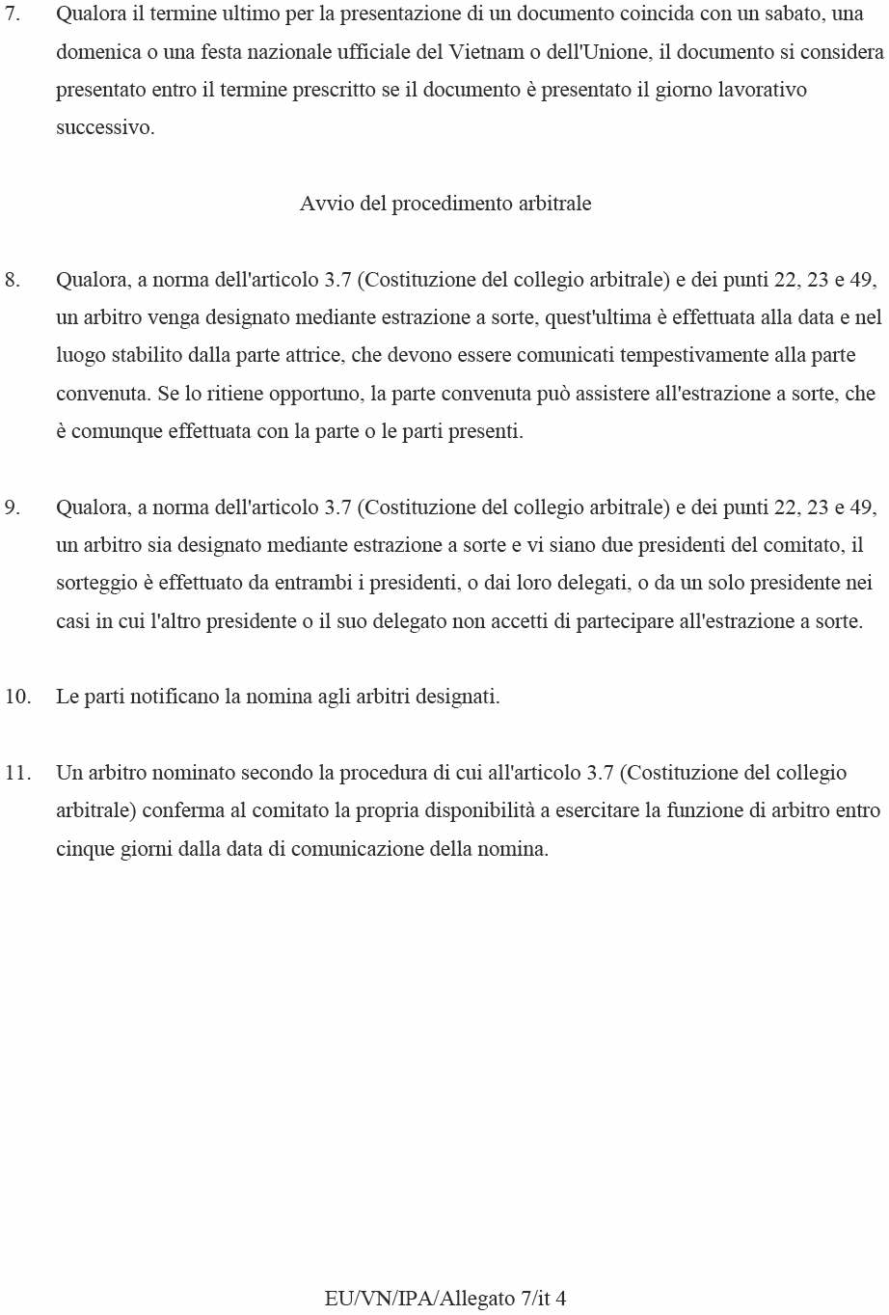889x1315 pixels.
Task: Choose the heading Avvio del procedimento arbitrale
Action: click(x=445, y=204)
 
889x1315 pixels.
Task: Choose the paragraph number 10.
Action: click(x=17, y=697)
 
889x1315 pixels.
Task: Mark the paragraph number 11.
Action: click(x=17, y=773)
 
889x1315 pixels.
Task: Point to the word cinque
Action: click(x=85, y=849)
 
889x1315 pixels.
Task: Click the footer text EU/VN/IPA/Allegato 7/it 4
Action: click(x=445, y=1299)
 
